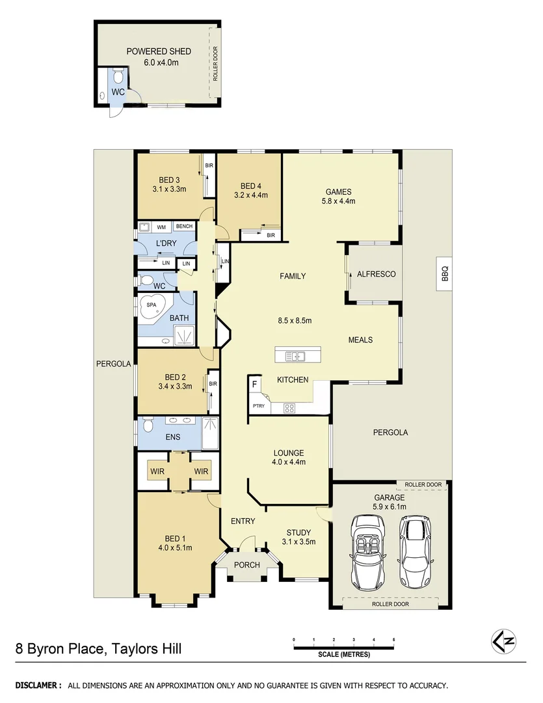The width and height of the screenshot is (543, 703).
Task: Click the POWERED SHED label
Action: [159, 51]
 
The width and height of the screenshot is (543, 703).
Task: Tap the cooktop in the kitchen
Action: [289, 409]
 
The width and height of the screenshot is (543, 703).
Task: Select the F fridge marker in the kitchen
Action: [255, 385]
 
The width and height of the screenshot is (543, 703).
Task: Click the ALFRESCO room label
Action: [376, 274]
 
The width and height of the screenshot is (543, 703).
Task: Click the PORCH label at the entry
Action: [247, 564]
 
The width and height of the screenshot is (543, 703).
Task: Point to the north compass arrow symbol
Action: [503, 641]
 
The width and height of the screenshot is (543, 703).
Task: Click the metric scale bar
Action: [344, 646]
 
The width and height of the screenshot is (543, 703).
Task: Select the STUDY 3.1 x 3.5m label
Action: [298, 536]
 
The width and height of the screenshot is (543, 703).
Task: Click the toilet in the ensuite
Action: [147, 426]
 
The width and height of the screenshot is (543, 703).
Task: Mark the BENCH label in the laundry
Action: [184, 226]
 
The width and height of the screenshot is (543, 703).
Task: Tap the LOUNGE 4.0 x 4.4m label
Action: [289, 457]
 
